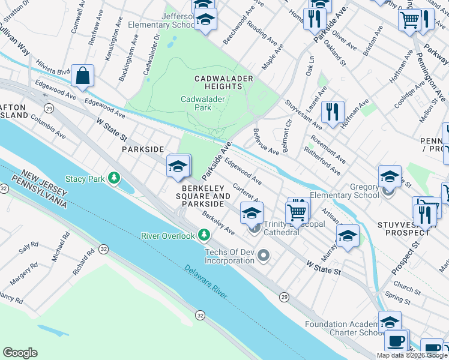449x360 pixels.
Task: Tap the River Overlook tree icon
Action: pyautogui.click(x=205, y=235)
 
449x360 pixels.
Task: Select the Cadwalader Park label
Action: pyautogui.click(x=196, y=103)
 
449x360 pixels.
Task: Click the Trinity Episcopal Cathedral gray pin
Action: pyautogui.click(x=255, y=228)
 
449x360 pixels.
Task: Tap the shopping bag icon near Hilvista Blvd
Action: pyautogui.click(x=82, y=76)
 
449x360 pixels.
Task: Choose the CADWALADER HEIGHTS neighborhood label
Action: pyautogui.click(x=223, y=82)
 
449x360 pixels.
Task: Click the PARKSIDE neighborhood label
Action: pyautogui.click(x=143, y=149)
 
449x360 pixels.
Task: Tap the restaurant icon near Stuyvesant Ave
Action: pyautogui.click(x=332, y=112)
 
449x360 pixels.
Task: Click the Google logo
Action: pyautogui.click(x=20, y=353)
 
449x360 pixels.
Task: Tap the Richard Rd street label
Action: pyautogui.click(x=83, y=263)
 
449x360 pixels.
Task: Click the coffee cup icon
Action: pyautogui.click(x=396, y=340)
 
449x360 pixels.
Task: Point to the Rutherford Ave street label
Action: pyautogui.click(x=326, y=157)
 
